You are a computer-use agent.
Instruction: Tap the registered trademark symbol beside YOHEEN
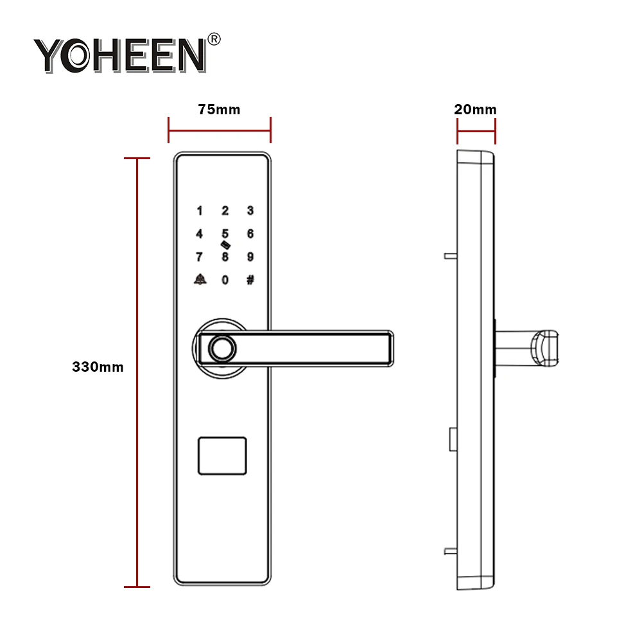214,39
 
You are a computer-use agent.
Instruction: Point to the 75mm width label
219,110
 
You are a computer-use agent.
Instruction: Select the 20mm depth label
475,110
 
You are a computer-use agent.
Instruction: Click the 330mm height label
98,368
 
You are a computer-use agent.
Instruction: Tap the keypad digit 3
250,211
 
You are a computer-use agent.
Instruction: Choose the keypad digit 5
225,234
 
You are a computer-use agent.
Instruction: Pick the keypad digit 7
199,257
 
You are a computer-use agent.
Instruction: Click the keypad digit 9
250,257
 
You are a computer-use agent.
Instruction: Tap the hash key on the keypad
250,280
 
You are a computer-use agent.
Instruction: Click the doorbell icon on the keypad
199,280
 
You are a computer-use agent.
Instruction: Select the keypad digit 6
250,234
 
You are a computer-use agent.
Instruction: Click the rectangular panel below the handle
222,456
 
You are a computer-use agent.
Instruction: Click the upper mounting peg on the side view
449,255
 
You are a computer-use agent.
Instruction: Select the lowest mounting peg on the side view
449,551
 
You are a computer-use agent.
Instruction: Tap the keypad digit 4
199,234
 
